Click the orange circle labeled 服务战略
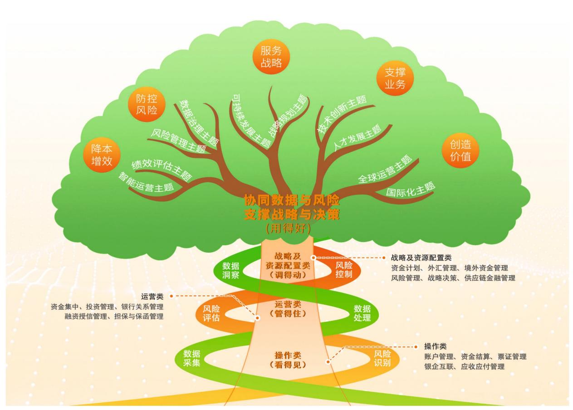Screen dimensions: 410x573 tap(271, 56)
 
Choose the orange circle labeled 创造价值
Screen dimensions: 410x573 tap(460, 151)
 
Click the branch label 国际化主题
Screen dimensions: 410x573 tap(410, 190)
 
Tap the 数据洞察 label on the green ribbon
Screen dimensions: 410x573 tap(230, 270)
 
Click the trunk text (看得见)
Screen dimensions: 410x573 tap(288, 364)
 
